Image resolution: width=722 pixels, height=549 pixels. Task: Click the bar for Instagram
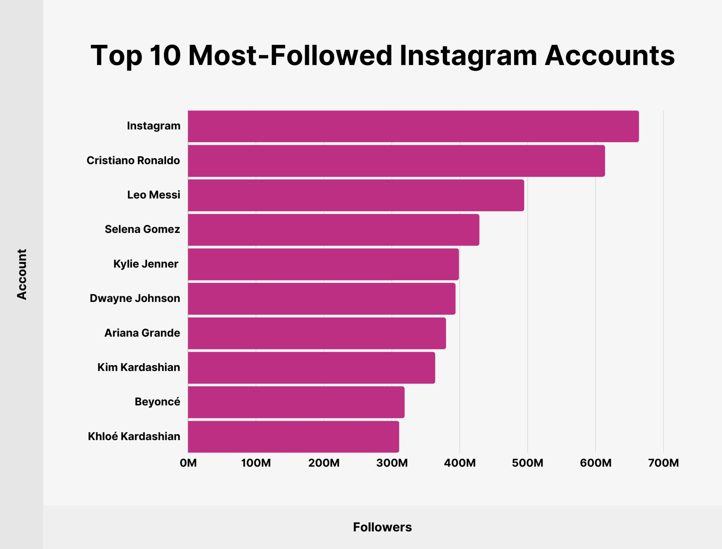click(413, 126)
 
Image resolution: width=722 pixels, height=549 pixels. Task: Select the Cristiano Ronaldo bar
click(396, 161)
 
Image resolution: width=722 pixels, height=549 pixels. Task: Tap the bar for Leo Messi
click(356, 195)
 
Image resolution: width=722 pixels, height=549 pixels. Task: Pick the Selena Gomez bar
click(334, 230)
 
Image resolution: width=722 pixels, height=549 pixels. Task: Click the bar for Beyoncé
click(296, 402)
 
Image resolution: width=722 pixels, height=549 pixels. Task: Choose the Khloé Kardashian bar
click(293, 436)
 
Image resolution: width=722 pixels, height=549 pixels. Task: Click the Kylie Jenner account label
click(146, 264)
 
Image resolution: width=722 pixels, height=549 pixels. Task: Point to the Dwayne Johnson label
click(135, 298)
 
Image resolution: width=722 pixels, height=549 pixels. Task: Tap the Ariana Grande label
click(142, 333)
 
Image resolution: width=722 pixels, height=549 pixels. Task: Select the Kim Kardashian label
click(139, 367)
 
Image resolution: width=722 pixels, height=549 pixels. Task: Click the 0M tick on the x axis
click(188, 463)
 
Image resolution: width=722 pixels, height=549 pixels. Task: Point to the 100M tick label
click(256, 463)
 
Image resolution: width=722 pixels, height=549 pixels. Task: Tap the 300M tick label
click(392, 463)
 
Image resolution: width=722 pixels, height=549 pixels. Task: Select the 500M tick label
click(527, 463)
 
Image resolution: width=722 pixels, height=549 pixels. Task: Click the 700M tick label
click(663, 463)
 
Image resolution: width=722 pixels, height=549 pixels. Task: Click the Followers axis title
click(382, 527)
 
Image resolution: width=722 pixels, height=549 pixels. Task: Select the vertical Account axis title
click(22, 274)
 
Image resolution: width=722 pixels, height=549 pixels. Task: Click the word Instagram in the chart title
click(468, 56)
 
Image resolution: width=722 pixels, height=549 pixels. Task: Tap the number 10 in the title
click(165, 56)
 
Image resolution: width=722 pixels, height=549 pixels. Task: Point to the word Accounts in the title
click(610, 56)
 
